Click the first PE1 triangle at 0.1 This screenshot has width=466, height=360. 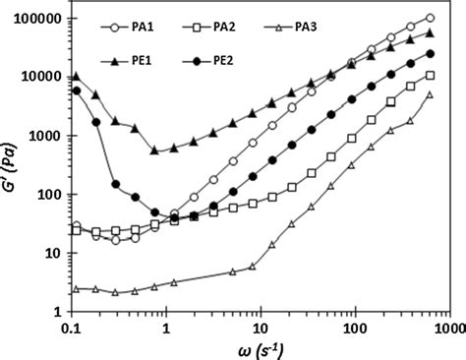click(x=77, y=76)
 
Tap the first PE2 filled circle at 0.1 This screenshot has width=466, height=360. click(x=77, y=90)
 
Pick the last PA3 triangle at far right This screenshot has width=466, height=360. click(x=430, y=94)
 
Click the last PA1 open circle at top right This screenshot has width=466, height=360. click(x=431, y=18)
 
